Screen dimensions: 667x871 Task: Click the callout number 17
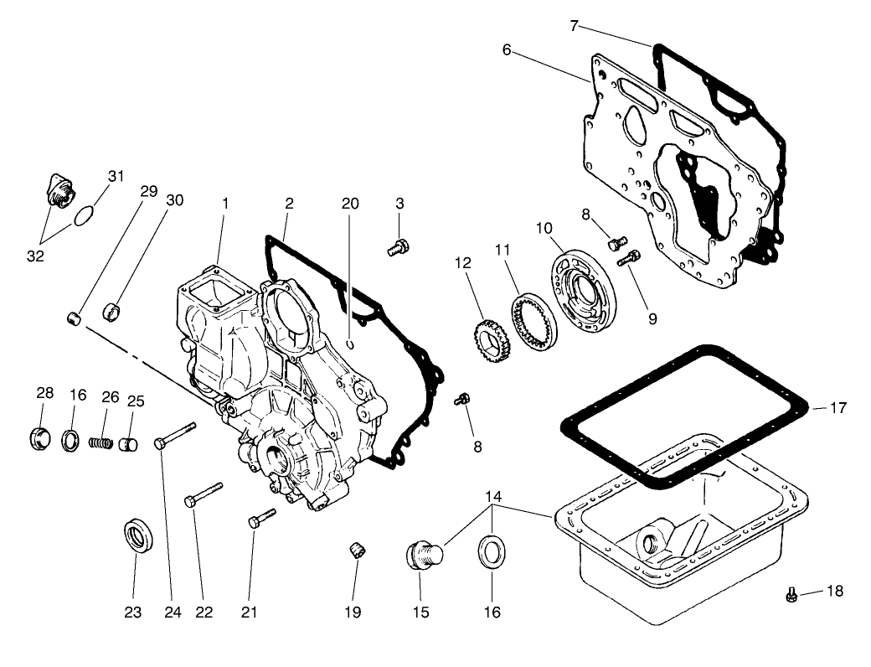point(837,409)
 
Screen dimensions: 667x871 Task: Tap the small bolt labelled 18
point(791,594)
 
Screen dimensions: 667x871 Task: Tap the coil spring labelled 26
point(100,442)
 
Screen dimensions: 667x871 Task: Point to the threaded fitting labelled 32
point(59,191)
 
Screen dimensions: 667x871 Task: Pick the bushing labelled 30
point(112,313)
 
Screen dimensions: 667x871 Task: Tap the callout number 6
point(507,49)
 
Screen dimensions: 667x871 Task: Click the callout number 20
point(350,204)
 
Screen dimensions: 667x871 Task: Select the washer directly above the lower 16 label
point(492,555)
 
